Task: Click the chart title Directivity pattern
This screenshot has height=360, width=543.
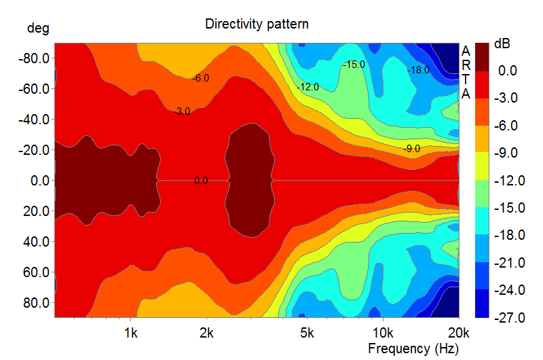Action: [257, 24]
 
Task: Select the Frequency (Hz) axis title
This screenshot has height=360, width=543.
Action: [413, 348]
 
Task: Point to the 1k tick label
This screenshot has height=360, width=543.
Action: [131, 333]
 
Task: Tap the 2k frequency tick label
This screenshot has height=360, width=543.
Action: [207, 333]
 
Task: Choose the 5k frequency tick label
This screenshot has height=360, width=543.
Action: [307, 333]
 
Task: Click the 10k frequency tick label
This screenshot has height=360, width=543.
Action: [383, 333]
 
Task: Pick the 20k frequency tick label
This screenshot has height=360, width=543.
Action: [459, 333]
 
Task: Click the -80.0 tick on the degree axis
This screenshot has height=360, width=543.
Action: [33, 58]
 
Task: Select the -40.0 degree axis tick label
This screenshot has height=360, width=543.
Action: [33, 120]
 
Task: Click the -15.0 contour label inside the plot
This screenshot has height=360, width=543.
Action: [354, 65]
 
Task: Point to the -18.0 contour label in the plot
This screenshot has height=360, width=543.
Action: [417, 70]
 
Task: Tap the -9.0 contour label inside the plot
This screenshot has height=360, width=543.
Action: [411, 148]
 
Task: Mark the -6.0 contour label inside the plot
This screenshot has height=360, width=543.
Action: [200, 78]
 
